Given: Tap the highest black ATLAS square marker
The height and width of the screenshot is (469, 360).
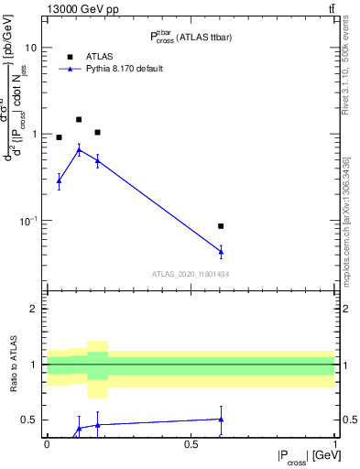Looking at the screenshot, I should pyautogui.click(x=79, y=119).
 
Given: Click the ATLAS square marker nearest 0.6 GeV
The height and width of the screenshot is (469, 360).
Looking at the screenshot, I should pyautogui.click(x=221, y=225).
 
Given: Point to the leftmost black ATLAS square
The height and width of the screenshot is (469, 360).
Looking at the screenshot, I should pyautogui.click(x=59, y=137).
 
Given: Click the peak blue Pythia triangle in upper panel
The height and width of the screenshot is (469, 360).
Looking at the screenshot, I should pyautogui.click(x=79, y=149).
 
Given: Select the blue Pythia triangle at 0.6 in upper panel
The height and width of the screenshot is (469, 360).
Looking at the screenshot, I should pyautogui.click(x=221, y=251).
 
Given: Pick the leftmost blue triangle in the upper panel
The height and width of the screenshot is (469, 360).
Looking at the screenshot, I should pyautogui.click(x=59, y=180).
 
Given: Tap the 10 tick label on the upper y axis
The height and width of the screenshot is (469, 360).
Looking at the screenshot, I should pyautogui.click(x=31, y=48).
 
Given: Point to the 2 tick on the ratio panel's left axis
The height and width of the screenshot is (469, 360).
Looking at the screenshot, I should pyautogui.click(x=36, y=309).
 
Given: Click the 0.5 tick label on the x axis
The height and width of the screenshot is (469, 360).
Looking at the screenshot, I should pyautogui.click(x=191, y=444).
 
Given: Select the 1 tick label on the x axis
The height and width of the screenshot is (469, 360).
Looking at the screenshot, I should pyautogui.click(x=335, y=444).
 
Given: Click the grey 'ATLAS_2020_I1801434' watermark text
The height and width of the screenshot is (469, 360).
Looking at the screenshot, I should pyautogui.click(x=191, y=274).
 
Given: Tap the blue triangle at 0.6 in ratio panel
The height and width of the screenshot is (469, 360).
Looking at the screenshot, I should pyautogui.click(x=221, y=419).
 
